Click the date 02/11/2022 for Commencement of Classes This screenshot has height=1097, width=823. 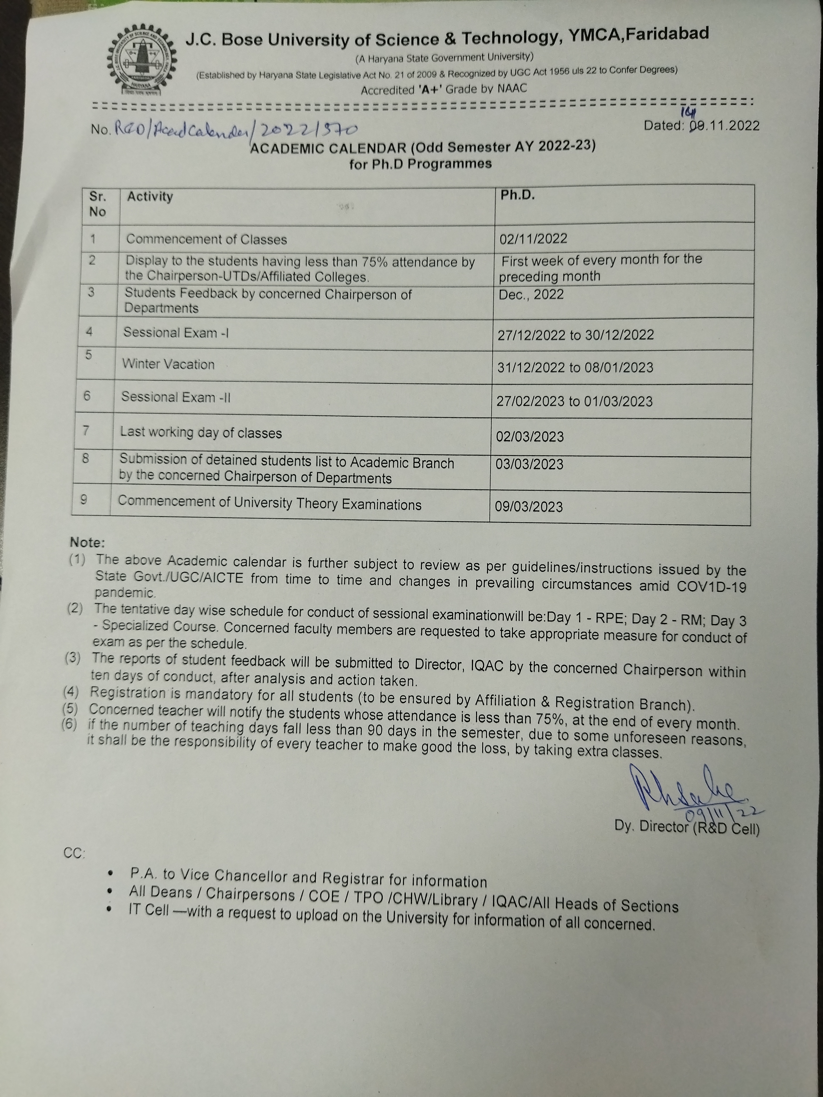point(533,239)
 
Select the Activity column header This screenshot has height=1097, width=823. point(150,197)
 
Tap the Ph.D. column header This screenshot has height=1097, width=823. point(517,195)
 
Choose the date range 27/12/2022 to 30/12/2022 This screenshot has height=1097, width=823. point(576,335)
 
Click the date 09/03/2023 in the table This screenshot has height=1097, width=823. point(529,506)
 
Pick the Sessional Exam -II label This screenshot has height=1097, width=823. point(176,397)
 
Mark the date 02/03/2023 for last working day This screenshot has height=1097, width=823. point(530,436)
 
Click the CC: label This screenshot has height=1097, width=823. point(74,853)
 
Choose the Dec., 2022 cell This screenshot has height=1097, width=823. point(531,295)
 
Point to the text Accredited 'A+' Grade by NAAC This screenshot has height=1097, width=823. point(444,89)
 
